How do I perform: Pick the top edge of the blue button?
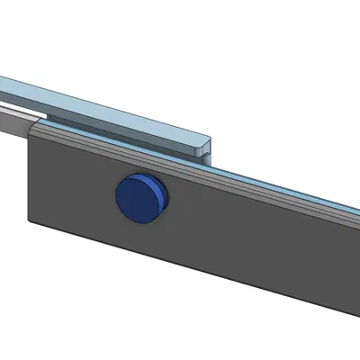click(139, 175)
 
